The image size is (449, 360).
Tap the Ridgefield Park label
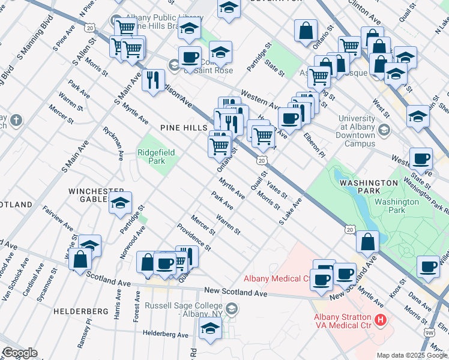click(x=156, y=157)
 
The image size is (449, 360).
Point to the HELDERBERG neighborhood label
click(x=80, y=311)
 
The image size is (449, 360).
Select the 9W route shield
click(x=429, y=332)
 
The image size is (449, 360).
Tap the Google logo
click(x=20, y=353)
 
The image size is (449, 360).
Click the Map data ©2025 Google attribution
click(x=412, y=355)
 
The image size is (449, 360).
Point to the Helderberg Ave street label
click(x=166, y=334)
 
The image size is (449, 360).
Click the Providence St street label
click(x=194, y=237)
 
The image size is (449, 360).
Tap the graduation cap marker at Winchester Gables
click(x=121, y=205)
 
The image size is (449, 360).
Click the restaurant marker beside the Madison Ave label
click(x=154, y=81)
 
